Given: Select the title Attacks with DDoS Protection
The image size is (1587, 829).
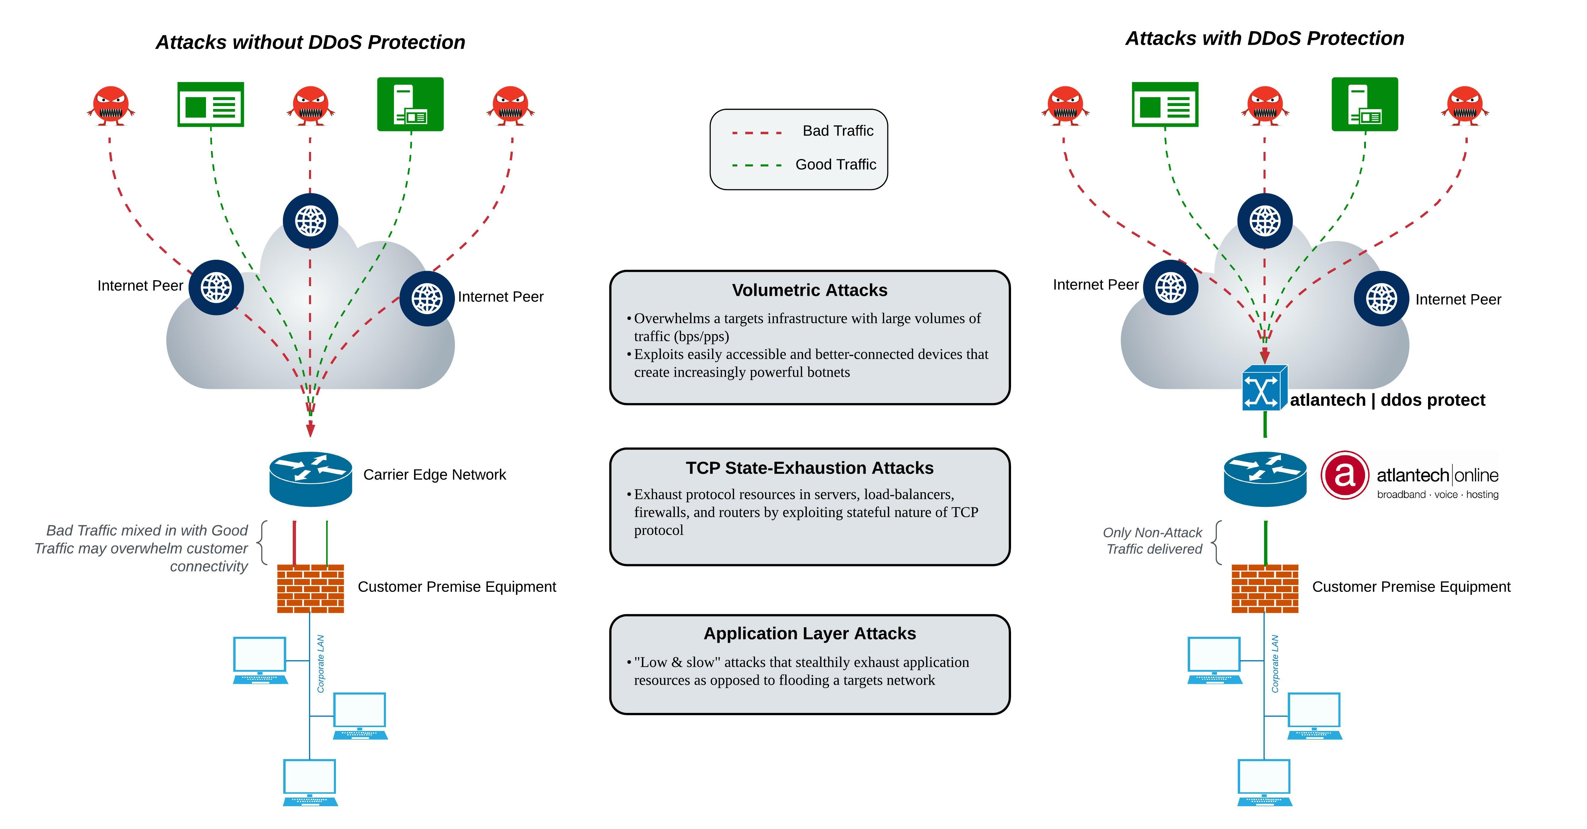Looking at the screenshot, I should [1264, 38].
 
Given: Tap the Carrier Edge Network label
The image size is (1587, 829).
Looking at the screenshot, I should [434, 474].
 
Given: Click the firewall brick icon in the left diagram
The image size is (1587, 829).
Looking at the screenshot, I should [310, 589].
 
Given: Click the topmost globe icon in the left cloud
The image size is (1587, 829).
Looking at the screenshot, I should [310, 221].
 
